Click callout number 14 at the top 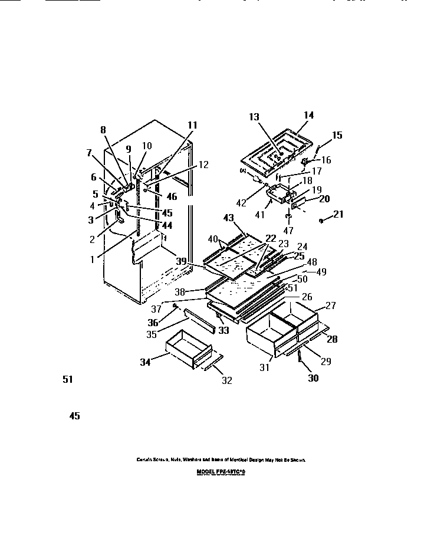[x=310, y=116]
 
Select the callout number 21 [x=338, y=215]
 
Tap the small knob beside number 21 [x=321, y=221]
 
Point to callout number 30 [x=313, y=379]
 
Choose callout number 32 [x=226, y=381]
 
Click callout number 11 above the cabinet [x=192, y=126]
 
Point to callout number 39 [x=182, y=261]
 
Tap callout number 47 [x=288, y=231]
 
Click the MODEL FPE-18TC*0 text [x=220, y=473]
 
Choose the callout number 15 [x=337, y=136]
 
